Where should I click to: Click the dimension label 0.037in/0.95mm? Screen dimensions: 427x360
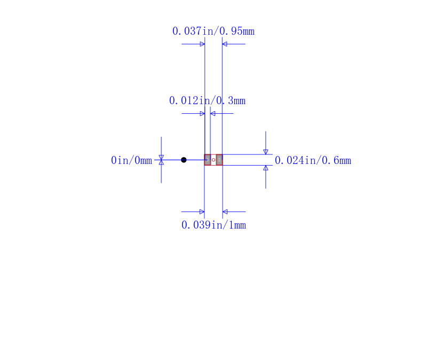point(213,31)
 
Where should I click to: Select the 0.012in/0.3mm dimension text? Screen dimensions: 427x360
point(207,100)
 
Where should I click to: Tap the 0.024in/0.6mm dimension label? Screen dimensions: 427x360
point(313,160)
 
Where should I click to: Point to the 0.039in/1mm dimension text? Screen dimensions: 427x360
point(214,225)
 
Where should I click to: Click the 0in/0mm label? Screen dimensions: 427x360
point(131,160)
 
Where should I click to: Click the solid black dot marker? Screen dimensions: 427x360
point(184,160)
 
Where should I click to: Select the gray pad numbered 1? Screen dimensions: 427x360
point(208,160)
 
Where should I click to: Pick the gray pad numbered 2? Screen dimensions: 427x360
point(219,160)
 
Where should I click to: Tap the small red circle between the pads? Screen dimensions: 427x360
point(213,160)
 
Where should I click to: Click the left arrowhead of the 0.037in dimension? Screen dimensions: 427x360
point(202,44)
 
